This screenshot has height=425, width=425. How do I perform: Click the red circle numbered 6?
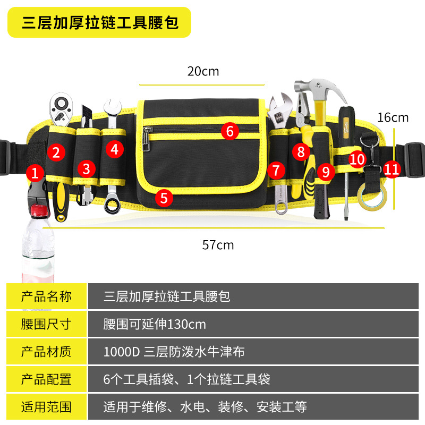coord(229,131)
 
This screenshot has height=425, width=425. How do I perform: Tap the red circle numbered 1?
coord(36,172)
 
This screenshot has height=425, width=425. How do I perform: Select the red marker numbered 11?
coord(392,169)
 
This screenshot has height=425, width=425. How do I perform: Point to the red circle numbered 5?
coord(164,198)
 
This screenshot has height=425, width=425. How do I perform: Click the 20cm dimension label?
coord(203,71)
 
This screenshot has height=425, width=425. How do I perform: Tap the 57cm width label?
coord(218,245)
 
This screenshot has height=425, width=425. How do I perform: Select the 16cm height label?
coord(393,117)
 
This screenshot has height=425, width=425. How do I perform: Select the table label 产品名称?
coord(46,296)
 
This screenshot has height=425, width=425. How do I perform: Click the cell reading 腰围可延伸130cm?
coord(155,324)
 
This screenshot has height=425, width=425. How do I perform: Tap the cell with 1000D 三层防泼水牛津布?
coord(174,352)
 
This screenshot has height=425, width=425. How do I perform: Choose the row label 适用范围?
coord(46,407)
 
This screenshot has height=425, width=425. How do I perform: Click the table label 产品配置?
coord(46,379)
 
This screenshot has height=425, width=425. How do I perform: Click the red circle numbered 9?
coord(326,171)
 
